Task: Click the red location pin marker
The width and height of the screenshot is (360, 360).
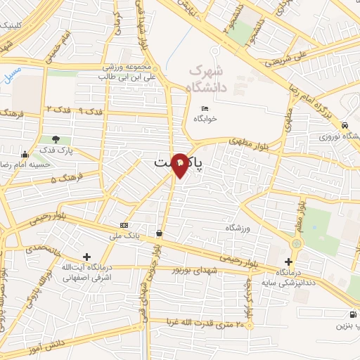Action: coord(180,163)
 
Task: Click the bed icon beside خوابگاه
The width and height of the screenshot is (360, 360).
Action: coord(205,108)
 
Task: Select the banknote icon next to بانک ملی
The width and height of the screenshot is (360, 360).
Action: coord(124,225)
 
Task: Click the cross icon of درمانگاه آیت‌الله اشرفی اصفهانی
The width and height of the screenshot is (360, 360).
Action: coord(86,257)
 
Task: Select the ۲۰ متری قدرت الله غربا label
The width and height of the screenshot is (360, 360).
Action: coord(205,324)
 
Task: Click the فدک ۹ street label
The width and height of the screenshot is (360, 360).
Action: coord(91,111)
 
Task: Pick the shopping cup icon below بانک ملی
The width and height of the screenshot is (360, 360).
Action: coord(160,233)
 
